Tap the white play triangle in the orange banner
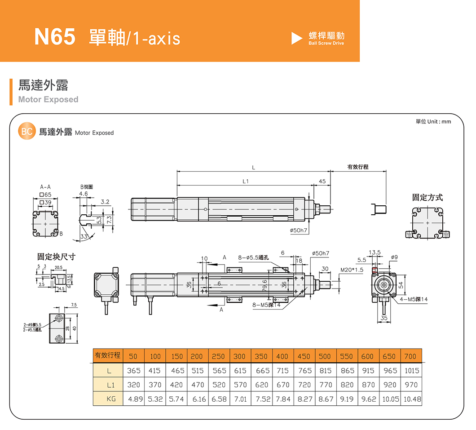coord(296,38)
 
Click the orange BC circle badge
coord(26,132)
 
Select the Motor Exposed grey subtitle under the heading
coord(48,99)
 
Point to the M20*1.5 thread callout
coord(352,270)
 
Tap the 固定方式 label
coord(427,197)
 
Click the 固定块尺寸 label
coord(56,257)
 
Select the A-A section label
coord(45,186)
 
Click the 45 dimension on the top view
coord(322,181)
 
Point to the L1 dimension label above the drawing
coord(245,182)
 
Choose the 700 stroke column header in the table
coord(410,356)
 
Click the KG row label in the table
coord(108,399)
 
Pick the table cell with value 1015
coord(411,371)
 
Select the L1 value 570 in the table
coord(240,385)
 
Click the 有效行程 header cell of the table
coord(108,355)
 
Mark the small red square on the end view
coord(374,270)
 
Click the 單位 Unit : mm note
coord(433,122)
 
